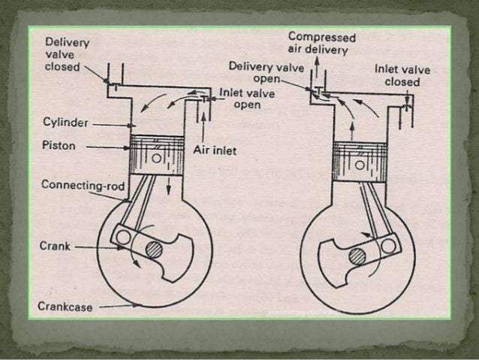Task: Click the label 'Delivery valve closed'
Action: (67, 55)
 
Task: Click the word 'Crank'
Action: (54, 245)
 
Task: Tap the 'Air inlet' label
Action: (215, 151)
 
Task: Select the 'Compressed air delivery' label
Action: (321, 44)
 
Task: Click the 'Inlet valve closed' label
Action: (402, 75)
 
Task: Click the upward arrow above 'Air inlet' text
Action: (203, 124)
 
